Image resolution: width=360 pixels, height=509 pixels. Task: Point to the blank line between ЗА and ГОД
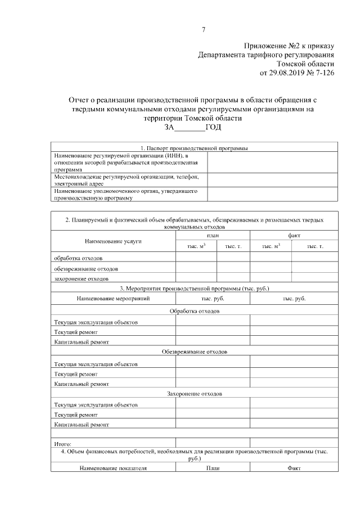click(190, 128)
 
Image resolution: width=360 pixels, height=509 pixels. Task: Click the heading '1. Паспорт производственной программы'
click(194, 148)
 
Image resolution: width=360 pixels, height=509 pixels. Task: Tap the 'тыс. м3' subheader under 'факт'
click(271, 246)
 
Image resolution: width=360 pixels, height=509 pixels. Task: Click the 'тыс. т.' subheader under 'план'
click(233, 246)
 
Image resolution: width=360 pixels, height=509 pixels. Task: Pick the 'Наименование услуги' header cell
click(113, 241)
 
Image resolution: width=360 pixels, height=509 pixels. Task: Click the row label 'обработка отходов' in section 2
click(78, 258)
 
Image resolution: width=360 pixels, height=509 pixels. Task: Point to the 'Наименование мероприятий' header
click(113, 299)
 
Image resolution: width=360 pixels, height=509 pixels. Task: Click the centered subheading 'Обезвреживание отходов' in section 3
click(194, 352)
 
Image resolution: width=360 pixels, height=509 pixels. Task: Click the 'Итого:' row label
click(62, 444)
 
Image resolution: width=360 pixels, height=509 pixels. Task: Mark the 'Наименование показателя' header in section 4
click(113, 467)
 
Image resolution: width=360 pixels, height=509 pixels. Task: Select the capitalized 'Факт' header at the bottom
click(294, 467)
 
